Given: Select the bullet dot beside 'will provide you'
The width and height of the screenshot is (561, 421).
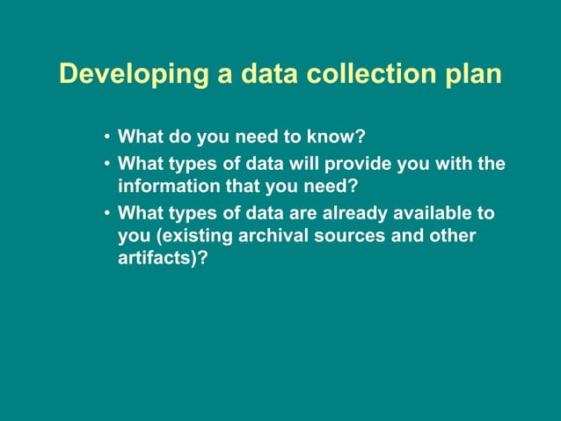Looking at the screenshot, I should pyautogui.click(x=106, y=163).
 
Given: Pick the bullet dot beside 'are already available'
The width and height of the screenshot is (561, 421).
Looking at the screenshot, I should pyautogui.click(x=106, y=213).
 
